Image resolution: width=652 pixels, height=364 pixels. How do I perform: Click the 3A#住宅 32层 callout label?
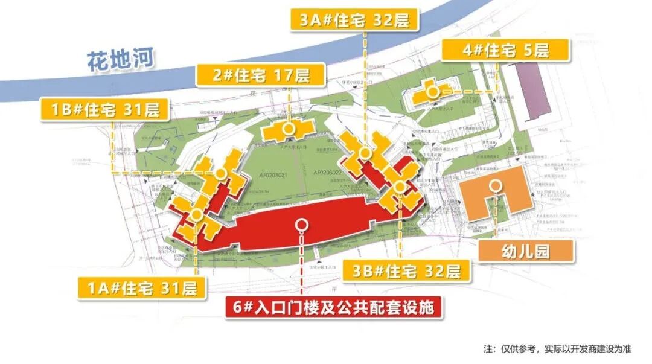(359, 19)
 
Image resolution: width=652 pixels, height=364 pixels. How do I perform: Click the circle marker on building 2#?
(290, 128)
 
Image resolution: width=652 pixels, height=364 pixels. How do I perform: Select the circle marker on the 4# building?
(433, 92)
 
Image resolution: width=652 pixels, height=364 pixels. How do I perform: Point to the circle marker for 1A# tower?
(196, 214)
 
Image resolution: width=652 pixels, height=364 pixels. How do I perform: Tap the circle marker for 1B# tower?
(221, 174)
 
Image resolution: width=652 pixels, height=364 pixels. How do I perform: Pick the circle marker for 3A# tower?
(365, 153)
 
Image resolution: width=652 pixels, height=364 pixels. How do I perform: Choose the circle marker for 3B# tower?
(400, 187)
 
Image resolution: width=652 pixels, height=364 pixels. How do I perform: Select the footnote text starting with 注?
(557, 348)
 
